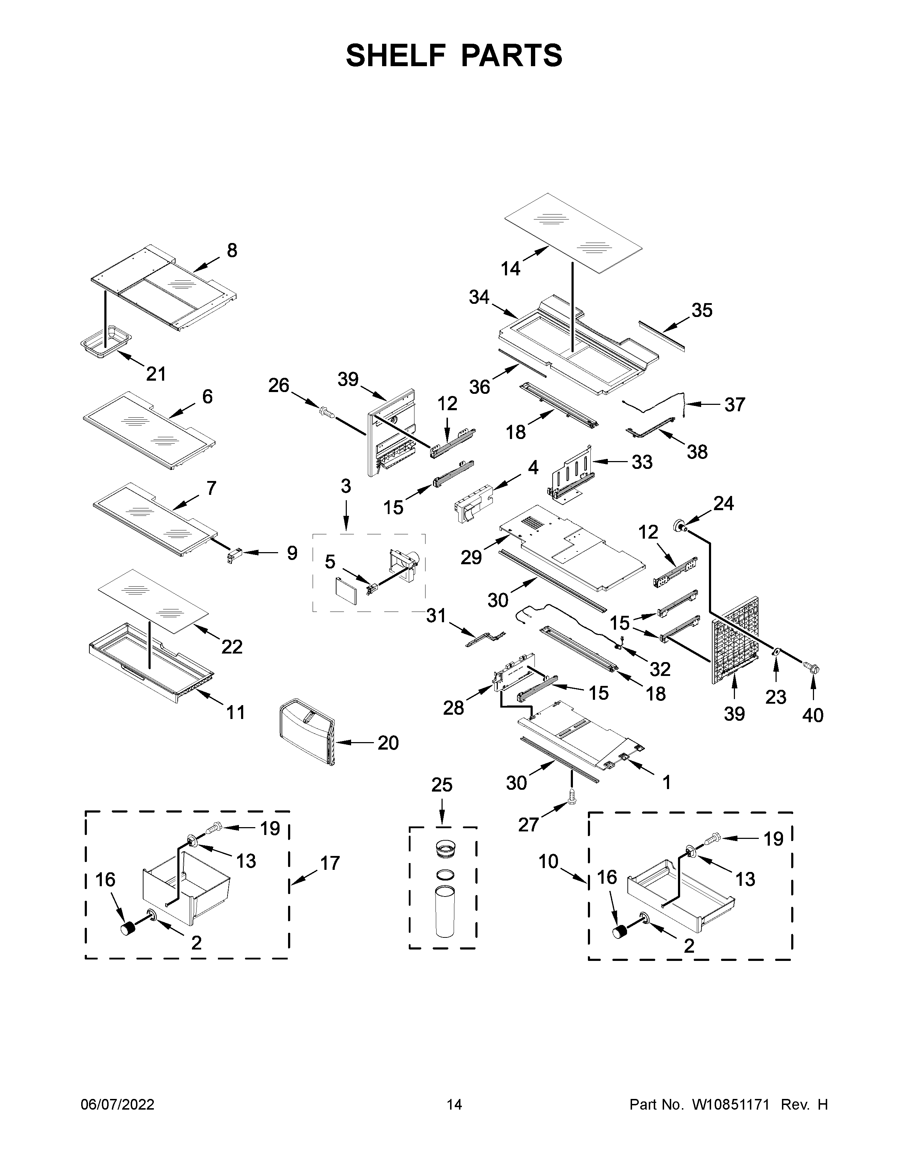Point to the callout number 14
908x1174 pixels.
tap(511, 268)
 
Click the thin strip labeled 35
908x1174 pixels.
tap(662, 335)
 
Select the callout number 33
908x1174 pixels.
tap(642, 462)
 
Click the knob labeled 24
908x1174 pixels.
tap(679, 526)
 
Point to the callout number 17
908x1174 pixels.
tap(330, 863)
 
